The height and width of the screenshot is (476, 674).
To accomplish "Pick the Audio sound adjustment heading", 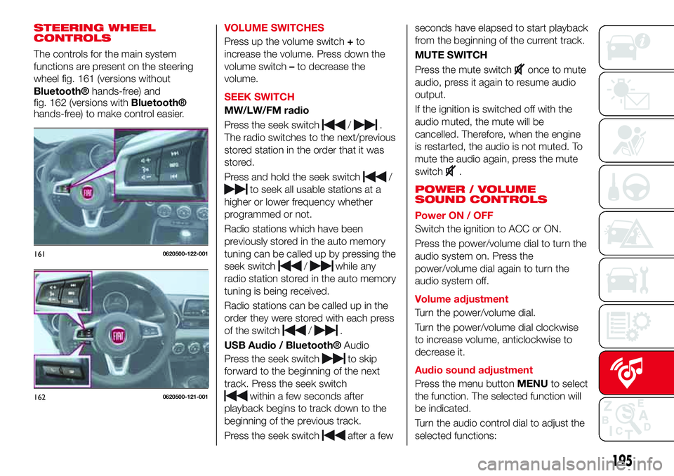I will coord(473,369).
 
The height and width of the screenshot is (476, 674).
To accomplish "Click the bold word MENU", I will coord(534,383).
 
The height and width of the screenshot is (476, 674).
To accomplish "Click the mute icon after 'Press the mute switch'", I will coord(520,69).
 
